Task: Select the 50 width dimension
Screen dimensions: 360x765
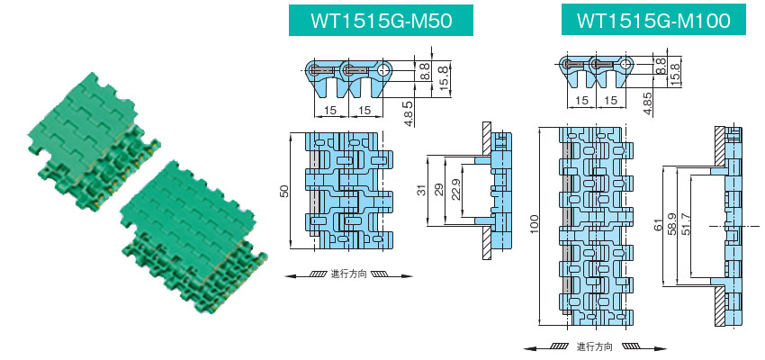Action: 283,192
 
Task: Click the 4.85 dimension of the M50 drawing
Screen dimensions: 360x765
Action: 409,114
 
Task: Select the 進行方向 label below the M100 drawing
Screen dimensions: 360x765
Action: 595,346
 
